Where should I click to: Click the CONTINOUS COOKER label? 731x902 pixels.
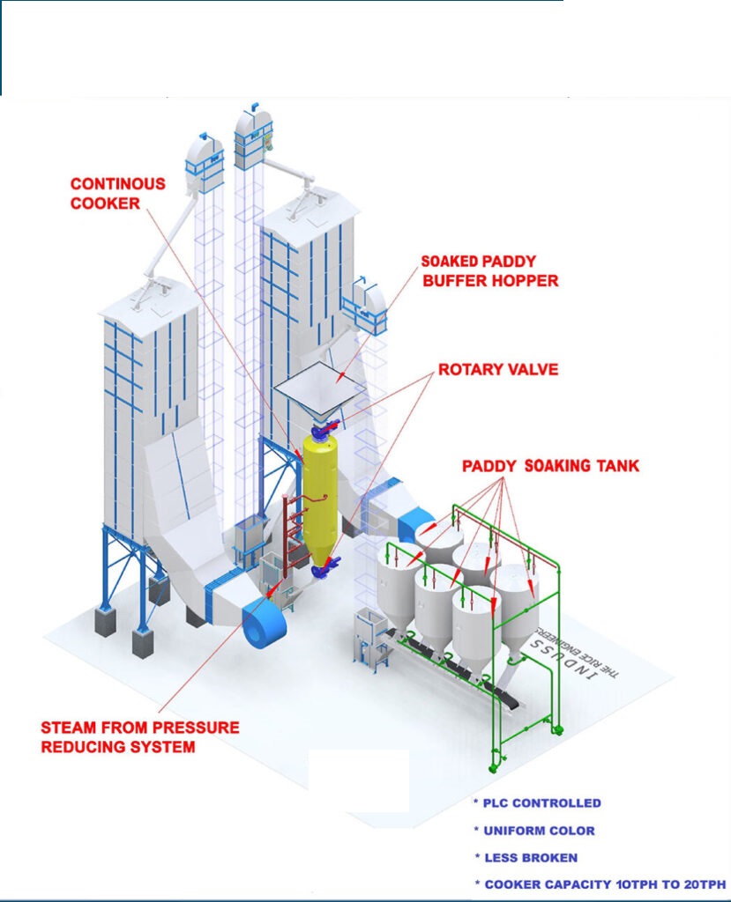[x=117, y=193]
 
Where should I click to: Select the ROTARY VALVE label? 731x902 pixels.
[x=498, y=369]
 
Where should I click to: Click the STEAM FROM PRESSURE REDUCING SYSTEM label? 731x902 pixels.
[x=139, y=737]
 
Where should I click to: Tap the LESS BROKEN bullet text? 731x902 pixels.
[x=529, y=857]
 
